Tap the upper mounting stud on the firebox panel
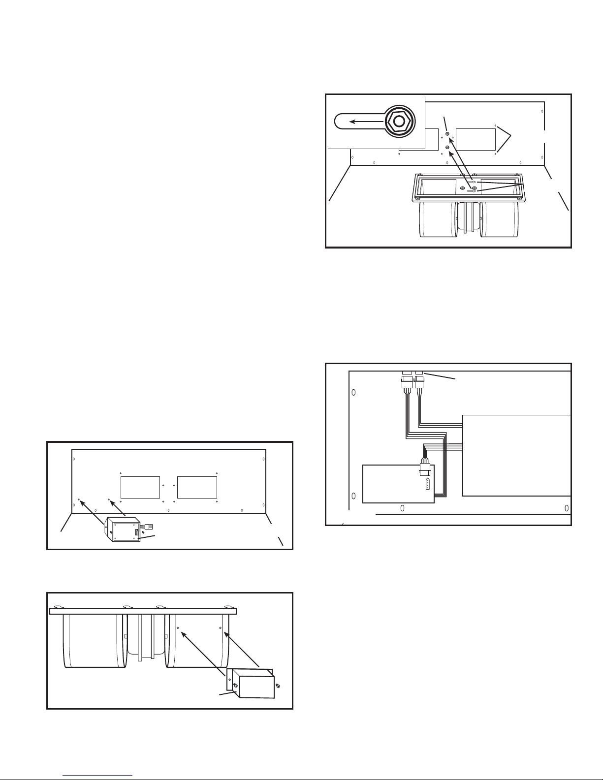click(x=447, y=134)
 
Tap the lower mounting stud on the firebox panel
click(x=447, y=147)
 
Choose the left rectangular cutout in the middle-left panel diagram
click(x=140, y=487)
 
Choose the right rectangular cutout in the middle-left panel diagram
click(x=197, y=487)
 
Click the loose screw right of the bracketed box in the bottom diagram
click(x=279, y=685)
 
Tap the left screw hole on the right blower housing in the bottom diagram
click(x=178, y=628)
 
